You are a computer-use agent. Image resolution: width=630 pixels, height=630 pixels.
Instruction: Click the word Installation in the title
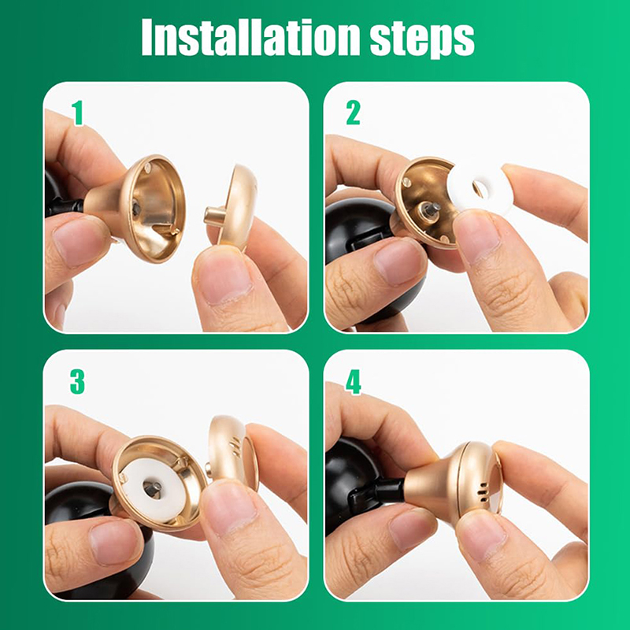[250, 37]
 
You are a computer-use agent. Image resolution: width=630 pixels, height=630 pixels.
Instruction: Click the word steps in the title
[422, 39]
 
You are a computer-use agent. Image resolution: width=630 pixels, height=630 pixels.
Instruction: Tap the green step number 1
[77, 113]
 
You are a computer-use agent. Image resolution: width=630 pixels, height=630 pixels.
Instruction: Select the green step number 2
[353, 113]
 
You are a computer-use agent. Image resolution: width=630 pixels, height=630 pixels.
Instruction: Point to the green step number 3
[77, 382]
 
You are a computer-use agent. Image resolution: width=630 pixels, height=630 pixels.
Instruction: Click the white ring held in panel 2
[480, 187]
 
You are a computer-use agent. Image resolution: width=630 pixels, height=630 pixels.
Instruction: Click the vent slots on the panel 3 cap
[234, 445]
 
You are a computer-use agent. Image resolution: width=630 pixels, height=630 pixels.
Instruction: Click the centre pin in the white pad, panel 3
[153, 488]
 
